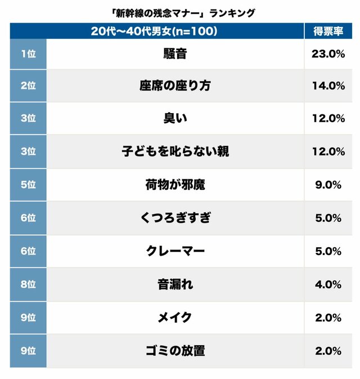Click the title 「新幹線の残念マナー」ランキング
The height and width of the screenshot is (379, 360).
[179, 12]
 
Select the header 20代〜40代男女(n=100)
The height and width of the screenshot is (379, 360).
[154, 32]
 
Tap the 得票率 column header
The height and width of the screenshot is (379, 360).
[328, 32]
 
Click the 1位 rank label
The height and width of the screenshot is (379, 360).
[28, 53]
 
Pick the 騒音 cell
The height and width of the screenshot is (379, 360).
[175, 53]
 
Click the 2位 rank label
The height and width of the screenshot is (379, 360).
[28, 86]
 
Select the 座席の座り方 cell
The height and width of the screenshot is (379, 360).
[175, 86]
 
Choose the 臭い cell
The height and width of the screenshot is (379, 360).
[175, 118]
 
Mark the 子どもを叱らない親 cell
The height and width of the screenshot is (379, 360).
[175, 151]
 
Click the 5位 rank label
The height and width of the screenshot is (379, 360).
[28, 185]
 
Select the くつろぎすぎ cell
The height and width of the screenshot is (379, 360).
[175, 218]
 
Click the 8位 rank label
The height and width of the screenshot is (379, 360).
[28, 284]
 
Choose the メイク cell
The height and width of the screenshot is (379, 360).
[175, 318]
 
